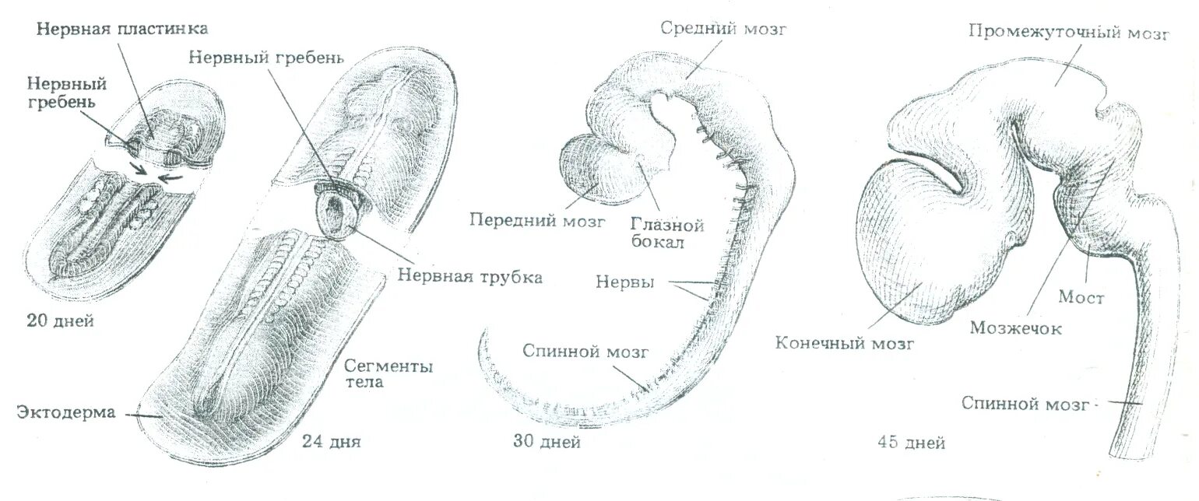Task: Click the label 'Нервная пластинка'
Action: pyautogui.click(x=121, y=29)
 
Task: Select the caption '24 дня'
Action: pyautogui.click(x=332, y=443)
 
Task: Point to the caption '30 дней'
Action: pyautogui.click(x=547, y=443)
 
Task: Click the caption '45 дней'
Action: pyautogui.click(x=911, y=443)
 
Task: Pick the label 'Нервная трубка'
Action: pyautogui.click(x=469, y=277)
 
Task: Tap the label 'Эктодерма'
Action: pyautogui.click(x=66, y=413)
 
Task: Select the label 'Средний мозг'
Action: pyautogui.click(x=725, y=30)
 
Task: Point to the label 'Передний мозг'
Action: pyautogui.click(x=536, y=220)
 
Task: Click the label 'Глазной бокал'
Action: pyautogui.click(x=667, y=234)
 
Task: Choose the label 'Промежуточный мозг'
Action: pyautogui.click(x=1068, y=32)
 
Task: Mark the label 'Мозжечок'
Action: pyautogui.click(x=1016, y=328)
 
